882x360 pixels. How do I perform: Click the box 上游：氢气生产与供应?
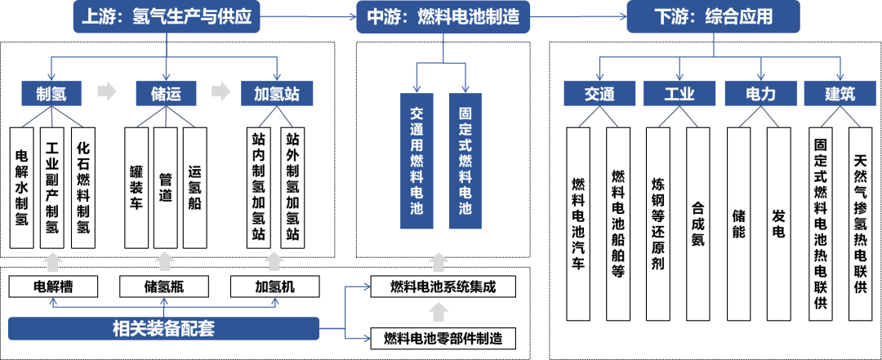pos(167,17)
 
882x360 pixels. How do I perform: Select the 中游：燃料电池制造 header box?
pos(443,17)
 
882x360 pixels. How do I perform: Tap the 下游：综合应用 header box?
pos(713,17)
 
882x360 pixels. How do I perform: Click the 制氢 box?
pos(52,94)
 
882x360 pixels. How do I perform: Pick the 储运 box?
pos(166,94)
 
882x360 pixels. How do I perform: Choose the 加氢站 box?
pos(277,94)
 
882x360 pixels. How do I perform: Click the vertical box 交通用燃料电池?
pos(416,160)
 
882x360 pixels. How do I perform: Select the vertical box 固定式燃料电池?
pos(465,160)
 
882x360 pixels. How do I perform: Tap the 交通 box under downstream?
pos(599,94)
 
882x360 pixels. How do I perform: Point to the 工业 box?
pos(679,94)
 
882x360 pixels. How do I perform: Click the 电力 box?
pos(760,94)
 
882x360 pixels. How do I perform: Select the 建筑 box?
pos(840,94)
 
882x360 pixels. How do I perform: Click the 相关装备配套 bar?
pos(163,329)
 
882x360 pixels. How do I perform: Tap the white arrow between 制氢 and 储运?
pos(107,92)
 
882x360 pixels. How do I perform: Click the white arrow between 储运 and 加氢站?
pos(221,92)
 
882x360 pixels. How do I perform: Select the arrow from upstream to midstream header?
pos(308,16)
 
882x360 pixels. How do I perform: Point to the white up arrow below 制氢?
pos(53,261)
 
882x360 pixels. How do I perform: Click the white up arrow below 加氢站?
pos(274,261)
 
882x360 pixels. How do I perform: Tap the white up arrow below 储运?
pos(165,261)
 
